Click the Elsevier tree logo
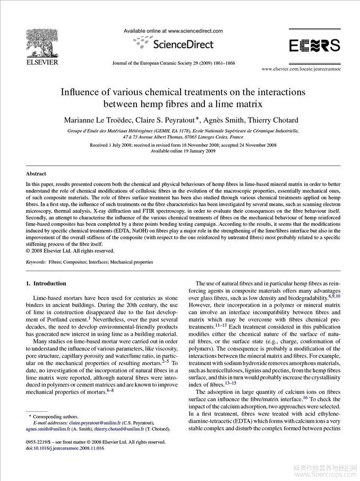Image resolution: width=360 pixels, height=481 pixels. coord(41,41)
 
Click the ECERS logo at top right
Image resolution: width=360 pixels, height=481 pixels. coord(314,46)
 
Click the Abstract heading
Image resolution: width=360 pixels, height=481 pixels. coord(36,173)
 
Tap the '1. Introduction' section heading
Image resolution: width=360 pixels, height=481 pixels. coord(46,283)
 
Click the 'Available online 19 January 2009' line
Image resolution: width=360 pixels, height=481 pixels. coord(183,151)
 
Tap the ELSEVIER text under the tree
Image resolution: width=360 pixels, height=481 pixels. coord(41,62)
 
